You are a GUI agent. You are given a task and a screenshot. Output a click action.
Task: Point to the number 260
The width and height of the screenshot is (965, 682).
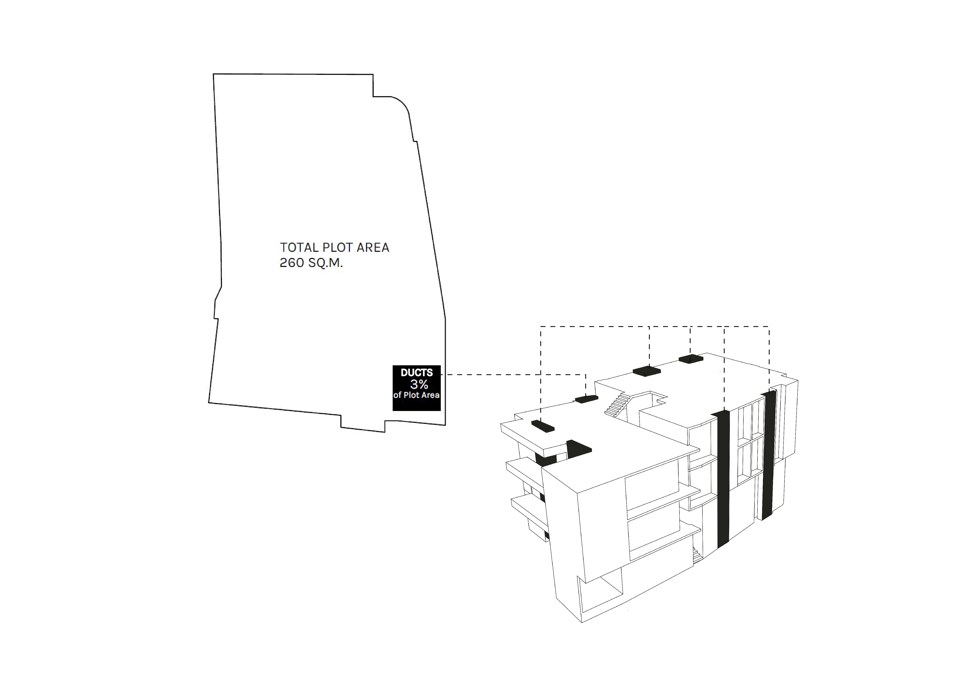point(292,263)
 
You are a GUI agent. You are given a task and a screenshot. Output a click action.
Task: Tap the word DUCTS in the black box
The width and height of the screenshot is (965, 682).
point(416,372)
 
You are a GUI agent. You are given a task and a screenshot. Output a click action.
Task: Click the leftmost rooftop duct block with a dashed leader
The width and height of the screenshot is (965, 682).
point(543,426)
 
